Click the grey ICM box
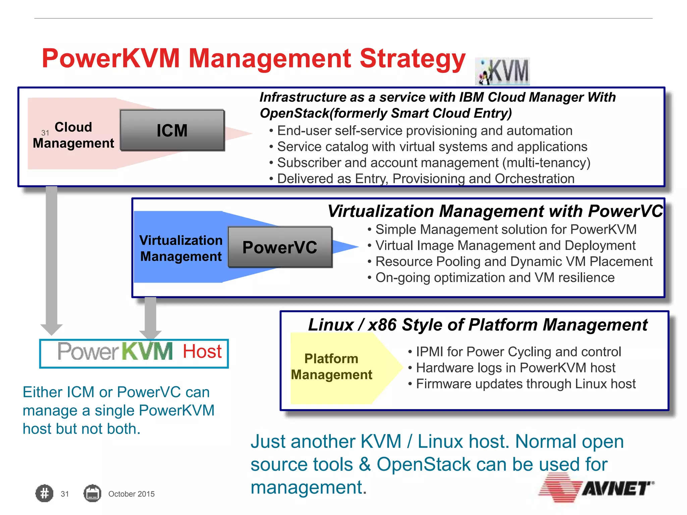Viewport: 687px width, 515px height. pos(172,130)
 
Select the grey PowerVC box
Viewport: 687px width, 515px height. pos(280,247)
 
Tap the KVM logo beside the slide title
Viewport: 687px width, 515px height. pos(503,71)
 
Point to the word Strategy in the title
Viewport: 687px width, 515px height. pos(412,59)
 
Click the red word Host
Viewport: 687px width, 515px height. pos(202,351)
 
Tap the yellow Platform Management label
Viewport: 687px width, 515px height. pos(331,366)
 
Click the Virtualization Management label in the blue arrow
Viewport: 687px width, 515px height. pos(181,248)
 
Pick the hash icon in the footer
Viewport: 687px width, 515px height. pos(44,494)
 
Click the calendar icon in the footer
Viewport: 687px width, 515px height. pos(92,494)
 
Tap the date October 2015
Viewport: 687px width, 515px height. pos(131,494)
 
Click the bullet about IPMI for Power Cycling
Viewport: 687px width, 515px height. pos(518,352)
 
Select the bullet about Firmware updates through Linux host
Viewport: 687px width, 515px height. pos(526,384)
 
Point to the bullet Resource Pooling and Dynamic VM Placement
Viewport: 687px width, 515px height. pos(514,262)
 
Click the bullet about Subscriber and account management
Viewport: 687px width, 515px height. pos(433,163)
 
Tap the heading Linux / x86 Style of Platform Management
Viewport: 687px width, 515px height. pos(478,325)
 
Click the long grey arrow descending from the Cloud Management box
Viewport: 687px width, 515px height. pos(52,258)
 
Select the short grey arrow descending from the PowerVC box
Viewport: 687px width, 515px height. pos(150,317)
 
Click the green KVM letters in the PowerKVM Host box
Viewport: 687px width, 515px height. pos(147,351)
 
